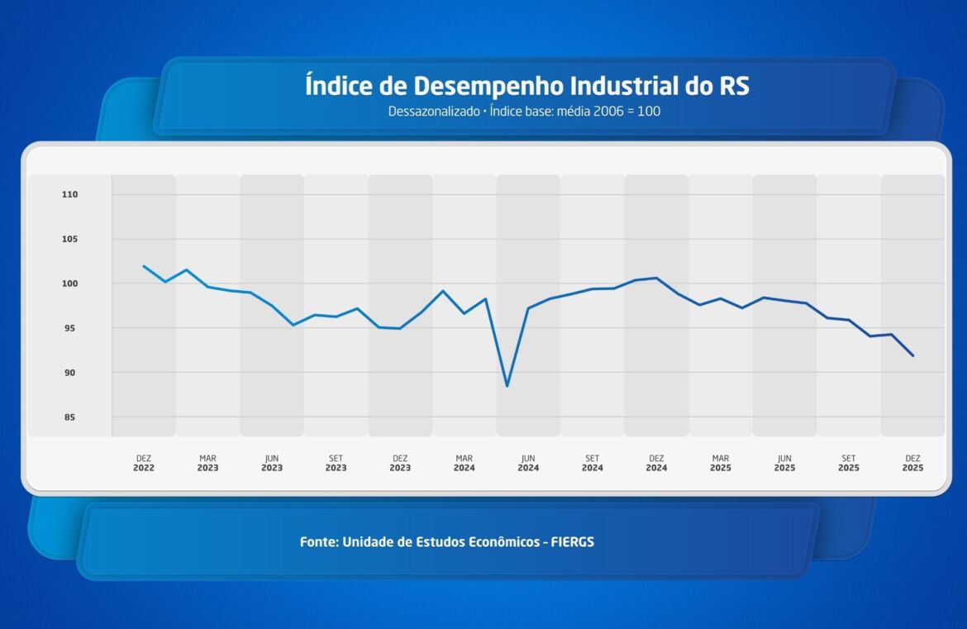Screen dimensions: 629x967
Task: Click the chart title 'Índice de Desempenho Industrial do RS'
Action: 526,86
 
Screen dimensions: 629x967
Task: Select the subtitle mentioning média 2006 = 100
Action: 524,111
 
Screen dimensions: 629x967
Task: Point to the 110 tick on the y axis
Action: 69,195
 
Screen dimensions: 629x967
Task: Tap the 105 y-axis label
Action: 69,240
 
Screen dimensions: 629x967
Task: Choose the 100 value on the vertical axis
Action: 69,284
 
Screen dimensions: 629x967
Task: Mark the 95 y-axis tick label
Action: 69,328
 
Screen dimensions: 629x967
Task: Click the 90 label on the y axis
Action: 69,373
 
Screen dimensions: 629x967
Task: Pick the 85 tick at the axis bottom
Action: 69,417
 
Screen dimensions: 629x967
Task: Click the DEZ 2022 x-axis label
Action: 144,463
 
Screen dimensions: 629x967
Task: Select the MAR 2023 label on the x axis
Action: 207,463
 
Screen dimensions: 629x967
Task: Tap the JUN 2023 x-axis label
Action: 272,463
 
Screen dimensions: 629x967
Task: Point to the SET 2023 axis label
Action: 336,463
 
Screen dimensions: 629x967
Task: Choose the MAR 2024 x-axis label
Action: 464,463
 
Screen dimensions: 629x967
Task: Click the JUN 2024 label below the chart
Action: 528,463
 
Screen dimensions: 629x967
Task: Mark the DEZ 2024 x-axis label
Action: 656,463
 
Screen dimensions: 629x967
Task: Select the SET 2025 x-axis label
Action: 849,463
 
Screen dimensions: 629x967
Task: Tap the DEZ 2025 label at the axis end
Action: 912,463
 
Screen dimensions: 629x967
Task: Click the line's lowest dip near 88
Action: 507,386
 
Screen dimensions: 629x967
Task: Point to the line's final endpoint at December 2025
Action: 912,355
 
